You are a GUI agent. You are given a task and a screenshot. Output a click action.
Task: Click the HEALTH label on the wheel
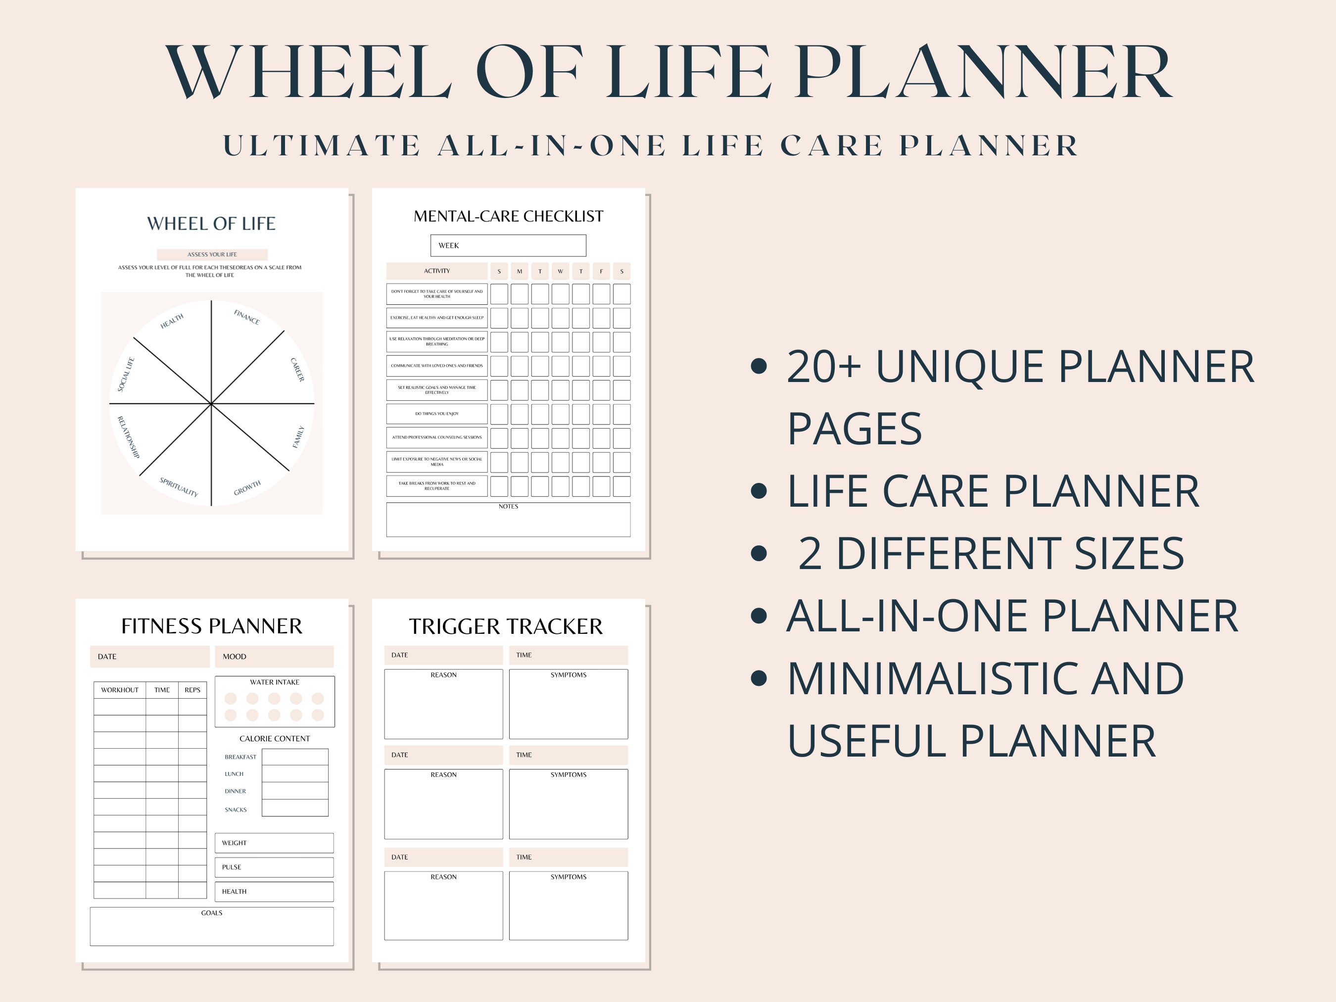(172, 321)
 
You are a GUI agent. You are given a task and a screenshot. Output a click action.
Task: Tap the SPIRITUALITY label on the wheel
(179, 486)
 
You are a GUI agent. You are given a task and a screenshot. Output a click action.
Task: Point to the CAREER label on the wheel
(297, 370)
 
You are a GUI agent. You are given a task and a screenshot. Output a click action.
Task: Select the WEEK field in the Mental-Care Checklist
(508, 245)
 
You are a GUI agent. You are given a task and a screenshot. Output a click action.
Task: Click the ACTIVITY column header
(437, 271)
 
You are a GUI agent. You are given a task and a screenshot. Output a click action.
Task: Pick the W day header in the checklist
(561, 271)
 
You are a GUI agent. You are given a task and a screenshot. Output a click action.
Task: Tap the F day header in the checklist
(601, 271)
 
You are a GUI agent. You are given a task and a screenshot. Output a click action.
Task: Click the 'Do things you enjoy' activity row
(437, 414)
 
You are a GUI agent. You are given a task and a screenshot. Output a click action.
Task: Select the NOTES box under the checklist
(508, 521)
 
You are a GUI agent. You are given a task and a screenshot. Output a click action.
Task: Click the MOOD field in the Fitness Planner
(274, 657)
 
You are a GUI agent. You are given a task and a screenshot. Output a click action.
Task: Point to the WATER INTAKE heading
(275, 682)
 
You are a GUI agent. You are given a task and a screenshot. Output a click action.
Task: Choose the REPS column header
(192, 690)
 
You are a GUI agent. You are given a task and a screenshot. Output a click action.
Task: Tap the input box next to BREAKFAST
(295, 757)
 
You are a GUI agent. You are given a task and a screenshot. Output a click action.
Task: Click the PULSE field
(274, 867)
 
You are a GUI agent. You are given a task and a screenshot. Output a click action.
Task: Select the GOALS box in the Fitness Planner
(211, 927)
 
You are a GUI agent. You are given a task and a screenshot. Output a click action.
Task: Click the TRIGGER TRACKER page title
(506, 626)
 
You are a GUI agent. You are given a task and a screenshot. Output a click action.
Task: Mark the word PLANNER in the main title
(983, 72)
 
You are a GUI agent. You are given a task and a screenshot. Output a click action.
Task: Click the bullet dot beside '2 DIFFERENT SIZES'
(759, 553)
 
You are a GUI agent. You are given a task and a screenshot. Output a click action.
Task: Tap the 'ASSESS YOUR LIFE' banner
(212, 254)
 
